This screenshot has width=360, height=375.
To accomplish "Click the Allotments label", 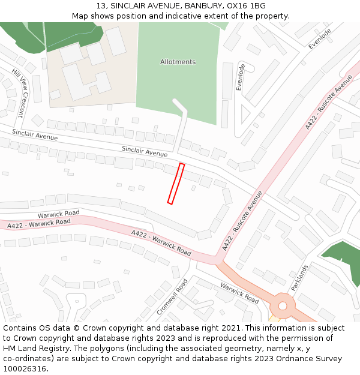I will (x=178, y=62).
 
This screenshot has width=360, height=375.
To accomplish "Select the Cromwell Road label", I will (x=172, y=296).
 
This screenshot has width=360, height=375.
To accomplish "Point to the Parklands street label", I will (x=299, y=278).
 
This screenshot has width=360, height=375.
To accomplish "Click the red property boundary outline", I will (x=176, y=184).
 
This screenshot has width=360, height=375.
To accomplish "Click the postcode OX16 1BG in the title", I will (x=248, y=5).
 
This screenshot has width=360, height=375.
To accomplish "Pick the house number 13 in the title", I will (x=101, y=5).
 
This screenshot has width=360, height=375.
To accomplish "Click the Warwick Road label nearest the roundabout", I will (x=239, y=292).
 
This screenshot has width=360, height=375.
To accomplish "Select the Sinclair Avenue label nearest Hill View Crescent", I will (x=35, y=135).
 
